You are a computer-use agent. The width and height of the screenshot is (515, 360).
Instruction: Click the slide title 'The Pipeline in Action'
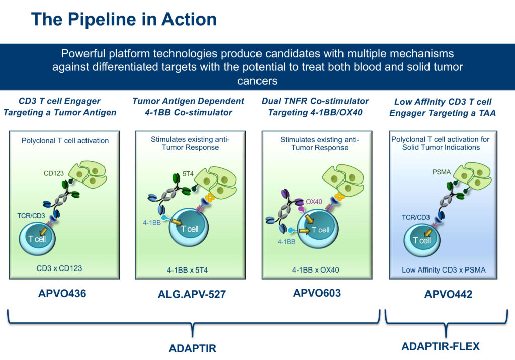point(124,19)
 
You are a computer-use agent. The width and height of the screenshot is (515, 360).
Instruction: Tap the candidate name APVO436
point(62,293)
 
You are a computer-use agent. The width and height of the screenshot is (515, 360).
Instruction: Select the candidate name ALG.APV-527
point(192,294)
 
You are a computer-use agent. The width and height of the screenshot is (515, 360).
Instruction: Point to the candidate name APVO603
point(317,293)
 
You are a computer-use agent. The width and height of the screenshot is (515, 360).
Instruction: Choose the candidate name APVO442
point(448,294)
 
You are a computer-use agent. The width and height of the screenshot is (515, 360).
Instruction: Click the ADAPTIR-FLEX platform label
point(441,346)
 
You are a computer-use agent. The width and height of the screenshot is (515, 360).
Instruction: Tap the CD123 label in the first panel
point(53,173)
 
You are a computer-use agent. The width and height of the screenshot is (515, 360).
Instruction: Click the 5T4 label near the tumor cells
point(188,174)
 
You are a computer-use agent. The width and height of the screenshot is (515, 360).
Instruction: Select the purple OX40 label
point(314,201)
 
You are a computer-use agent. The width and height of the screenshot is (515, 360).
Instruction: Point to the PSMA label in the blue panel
point(442,172)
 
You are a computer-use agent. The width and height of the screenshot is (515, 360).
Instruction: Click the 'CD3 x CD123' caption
point(59,268)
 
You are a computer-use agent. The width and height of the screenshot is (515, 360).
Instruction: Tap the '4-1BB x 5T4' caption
point(187,270)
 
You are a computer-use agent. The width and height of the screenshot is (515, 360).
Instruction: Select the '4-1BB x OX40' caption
point(316,270)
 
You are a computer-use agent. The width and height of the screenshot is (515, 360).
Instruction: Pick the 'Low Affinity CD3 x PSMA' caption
point(444,270)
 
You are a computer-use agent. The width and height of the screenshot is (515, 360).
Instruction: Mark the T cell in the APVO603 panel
point(318,229)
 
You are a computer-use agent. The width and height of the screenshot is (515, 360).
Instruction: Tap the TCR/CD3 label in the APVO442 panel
point(415,217)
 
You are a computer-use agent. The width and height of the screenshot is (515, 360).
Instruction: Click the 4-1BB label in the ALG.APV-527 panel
point(152,223)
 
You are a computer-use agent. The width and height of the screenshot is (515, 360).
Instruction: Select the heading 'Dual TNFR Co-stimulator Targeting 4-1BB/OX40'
point(315,107)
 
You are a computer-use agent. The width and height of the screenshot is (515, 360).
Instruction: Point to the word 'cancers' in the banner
point(257,81)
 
